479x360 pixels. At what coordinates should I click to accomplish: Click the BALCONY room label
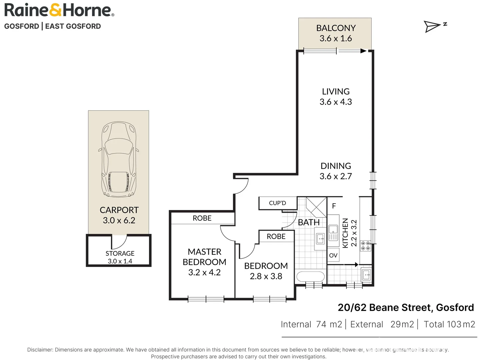[x=336, y=28]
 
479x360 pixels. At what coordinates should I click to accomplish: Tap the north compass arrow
[x=432, y=27]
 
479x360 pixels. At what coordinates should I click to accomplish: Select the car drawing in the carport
[x=119, y=159]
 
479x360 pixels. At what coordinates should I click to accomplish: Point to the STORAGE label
[x=120, y=253]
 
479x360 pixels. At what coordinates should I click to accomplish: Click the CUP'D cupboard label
[x=277, y=203]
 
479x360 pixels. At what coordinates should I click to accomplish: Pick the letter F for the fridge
[x=334, y=206]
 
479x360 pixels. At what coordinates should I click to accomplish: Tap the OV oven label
[x=333, y=255]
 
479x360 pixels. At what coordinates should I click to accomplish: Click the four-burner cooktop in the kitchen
[x=365, y=246]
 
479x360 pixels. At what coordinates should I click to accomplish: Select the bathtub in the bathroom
[x=311, y=277]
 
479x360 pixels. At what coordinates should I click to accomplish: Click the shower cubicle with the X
[x=316, y=207]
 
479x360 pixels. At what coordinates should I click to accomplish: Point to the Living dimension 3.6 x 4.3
[x=336, y=102]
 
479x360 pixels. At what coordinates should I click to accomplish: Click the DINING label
[x=336, y=166]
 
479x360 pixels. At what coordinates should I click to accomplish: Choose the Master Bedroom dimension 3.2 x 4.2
[x=204, y=272]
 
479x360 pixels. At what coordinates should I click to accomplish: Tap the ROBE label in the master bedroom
[x=202, y=218]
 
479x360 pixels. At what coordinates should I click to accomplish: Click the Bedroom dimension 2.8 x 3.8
[x=266, y=276]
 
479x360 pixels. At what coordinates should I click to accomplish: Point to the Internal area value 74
[x=321, y=324]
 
